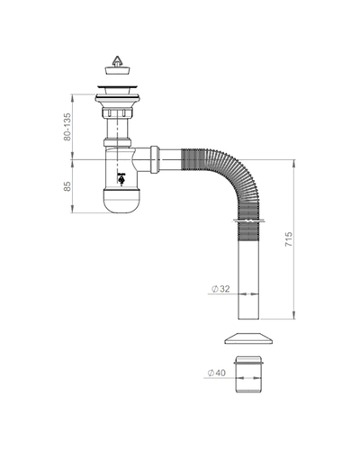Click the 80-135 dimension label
[67, 127]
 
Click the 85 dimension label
[67, 186]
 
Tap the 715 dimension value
[288, 239]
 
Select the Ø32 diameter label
[220, 289]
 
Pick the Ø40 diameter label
[216, 373]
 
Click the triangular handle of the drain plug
[117, 61]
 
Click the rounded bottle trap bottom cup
[121, 201]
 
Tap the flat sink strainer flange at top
[117, 87]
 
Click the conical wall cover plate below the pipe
[248, 338]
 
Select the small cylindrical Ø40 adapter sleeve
[248, 374]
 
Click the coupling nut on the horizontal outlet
[155, 159]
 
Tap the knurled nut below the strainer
[117, 112]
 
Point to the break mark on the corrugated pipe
[248, 221]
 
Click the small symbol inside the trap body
[121, 179]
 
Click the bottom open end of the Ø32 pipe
[248, 319]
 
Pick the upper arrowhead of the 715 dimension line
[294, 164]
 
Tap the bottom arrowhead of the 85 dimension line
[72, 209]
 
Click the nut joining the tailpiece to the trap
[117, 142]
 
